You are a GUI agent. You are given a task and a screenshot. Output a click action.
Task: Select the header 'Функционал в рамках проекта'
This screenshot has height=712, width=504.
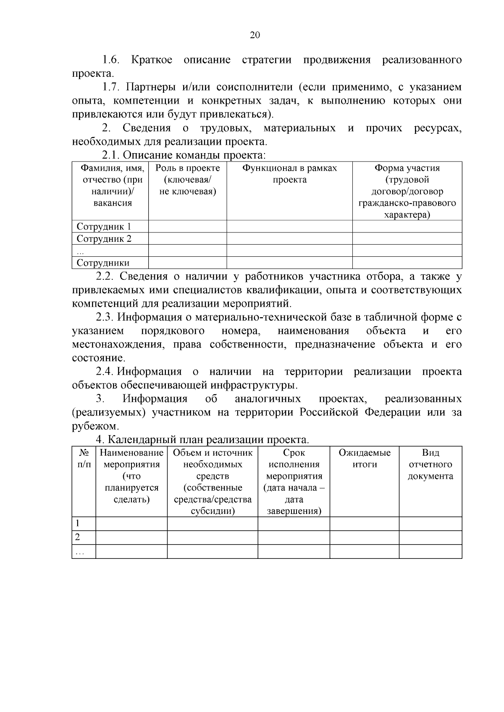click(x=289, y=174)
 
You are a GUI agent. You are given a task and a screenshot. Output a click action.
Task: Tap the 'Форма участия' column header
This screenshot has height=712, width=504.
click(x=407, y=168)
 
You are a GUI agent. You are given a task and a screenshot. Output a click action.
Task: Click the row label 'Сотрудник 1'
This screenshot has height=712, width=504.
click(x=104, y=227)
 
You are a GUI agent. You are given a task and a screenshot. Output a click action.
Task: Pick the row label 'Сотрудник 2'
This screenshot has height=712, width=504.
click(x=104, y=239)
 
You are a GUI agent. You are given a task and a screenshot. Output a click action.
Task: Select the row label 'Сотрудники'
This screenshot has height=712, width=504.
click(x=103, y=263)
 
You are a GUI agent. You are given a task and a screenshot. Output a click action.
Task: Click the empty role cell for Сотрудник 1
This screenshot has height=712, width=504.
click(x=188, y=227)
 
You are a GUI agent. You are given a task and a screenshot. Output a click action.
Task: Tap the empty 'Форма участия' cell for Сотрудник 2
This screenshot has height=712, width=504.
click(x=407, y=239)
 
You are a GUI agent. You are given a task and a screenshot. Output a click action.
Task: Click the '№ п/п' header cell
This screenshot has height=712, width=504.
click(x=84, y=459)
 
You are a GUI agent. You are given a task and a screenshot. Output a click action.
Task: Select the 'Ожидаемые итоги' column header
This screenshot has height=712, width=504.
click(x=365, y=459)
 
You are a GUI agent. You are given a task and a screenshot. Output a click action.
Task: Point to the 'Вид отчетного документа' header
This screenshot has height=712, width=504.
click(x=430, y=464)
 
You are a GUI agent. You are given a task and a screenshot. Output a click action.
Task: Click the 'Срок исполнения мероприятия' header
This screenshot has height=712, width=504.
click(x=294, y=464)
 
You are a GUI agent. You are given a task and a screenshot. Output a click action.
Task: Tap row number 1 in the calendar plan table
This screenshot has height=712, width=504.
click(x=78, y=524)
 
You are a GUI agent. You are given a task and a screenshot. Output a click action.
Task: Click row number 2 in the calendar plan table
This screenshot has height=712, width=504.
click(x=78, y=537)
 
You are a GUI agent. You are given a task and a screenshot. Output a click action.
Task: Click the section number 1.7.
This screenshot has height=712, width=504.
click(x=111, y=87)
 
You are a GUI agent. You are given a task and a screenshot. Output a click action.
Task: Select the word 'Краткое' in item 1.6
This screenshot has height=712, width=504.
click(x=152, y=60)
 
